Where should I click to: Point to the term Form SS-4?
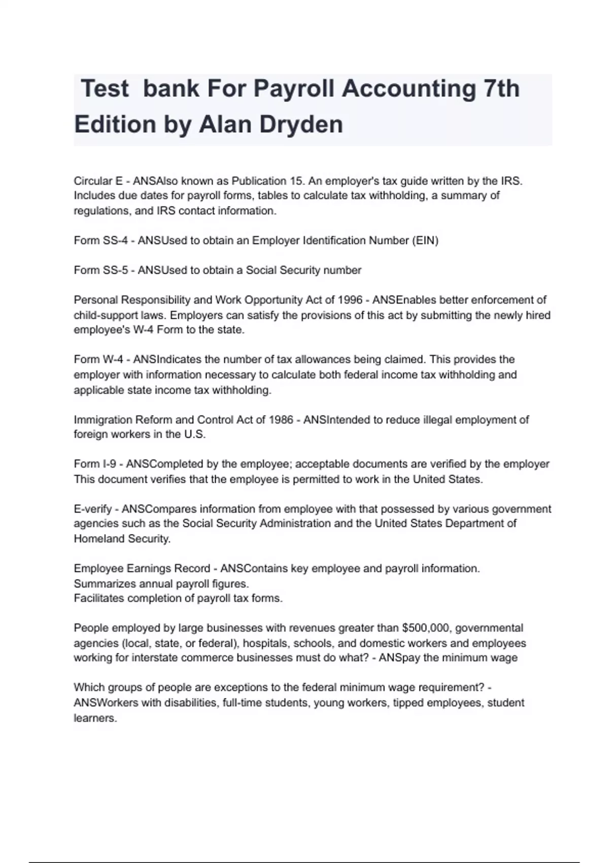click(100, 241)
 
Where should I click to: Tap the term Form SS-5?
click(100, 270)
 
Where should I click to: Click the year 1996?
click(350, 300)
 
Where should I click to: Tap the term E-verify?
click(92, 509)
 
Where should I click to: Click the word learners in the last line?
click(95, 718)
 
